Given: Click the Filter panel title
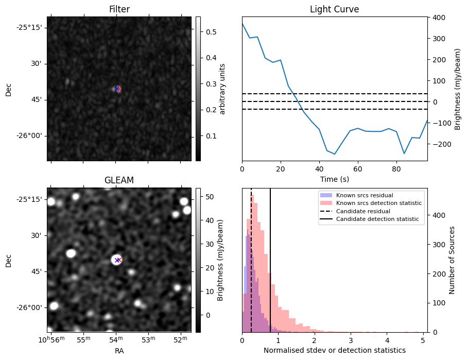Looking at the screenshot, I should pos(119,9).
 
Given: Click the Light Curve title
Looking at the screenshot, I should pos(334,9).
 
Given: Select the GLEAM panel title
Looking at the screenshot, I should pos(119,180).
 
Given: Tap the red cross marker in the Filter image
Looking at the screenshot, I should pos(118,89).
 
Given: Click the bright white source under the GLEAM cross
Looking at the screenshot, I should pos(116,260).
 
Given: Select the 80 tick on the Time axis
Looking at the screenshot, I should pos(396,168).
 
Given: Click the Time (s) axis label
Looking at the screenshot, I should pos(334,178).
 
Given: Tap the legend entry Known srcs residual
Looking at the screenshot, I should pos(364,195).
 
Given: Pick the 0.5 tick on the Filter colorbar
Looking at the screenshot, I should pos(211,32).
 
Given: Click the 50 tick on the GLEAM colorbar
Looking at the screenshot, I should pos(209,197).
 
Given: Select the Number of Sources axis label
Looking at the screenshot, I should pos(452,260).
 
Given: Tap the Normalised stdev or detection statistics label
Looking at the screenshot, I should pos(334,350).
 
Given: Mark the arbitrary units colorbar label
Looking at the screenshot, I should pos(222,89).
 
